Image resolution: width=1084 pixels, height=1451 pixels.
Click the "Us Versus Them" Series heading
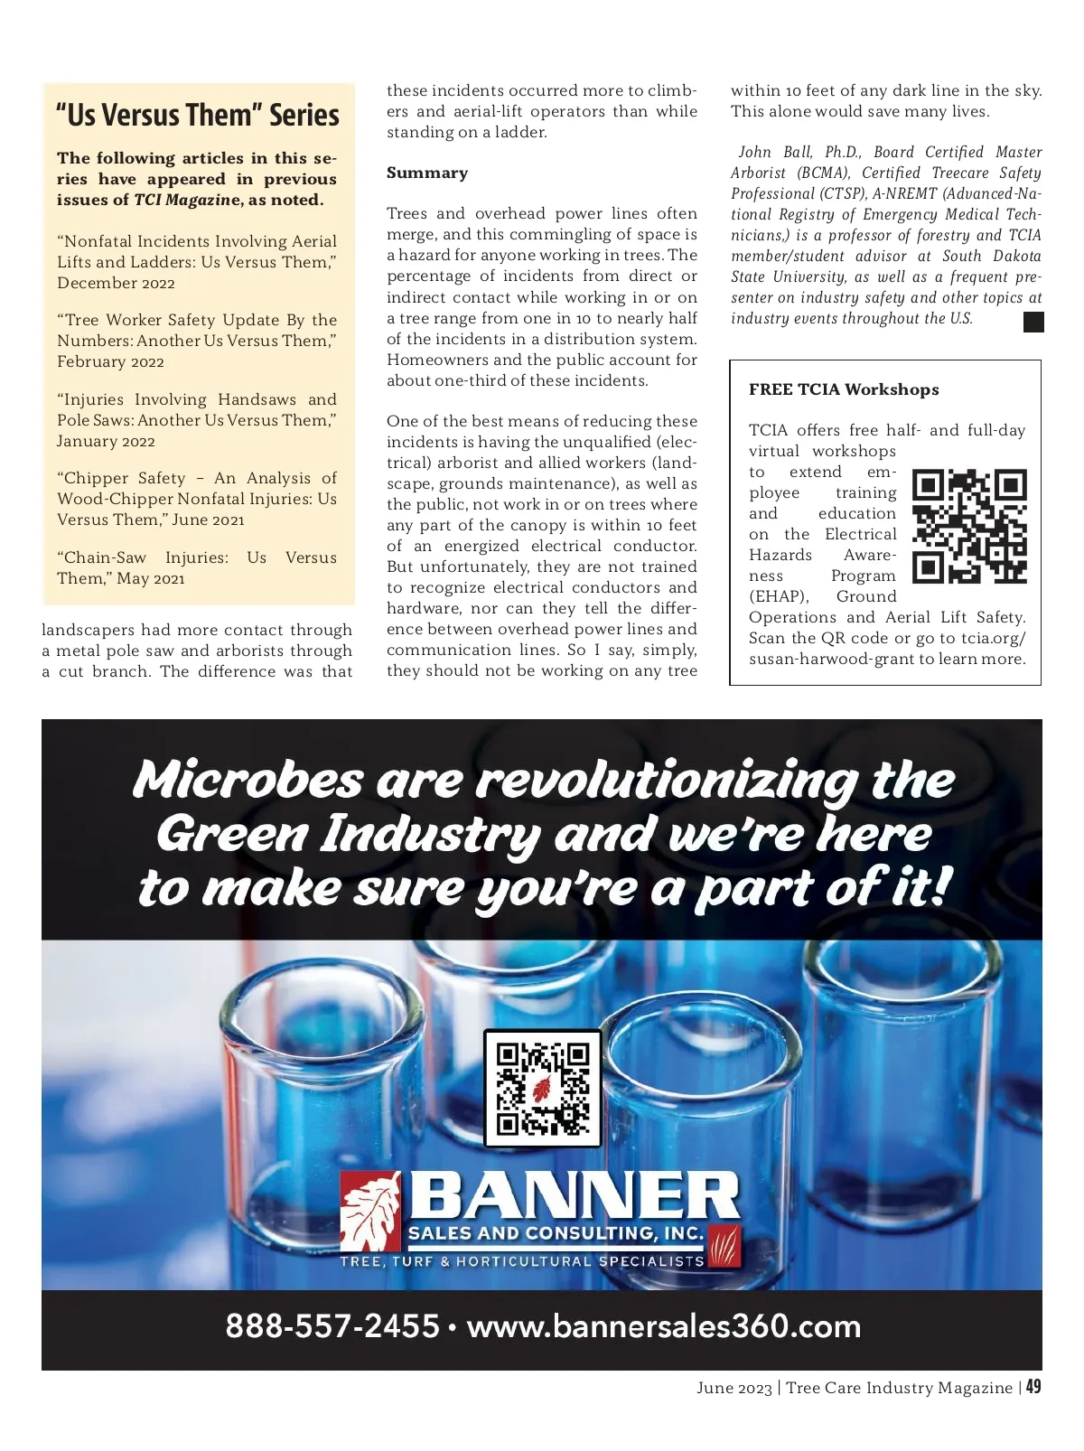(197, 116)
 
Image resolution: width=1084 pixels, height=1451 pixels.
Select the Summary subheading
(427, 173)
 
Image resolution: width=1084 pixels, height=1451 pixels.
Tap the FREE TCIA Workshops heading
(844, 389)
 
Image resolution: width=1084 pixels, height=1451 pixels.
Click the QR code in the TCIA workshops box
(969, 526)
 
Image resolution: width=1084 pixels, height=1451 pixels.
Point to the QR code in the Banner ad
(542, 1088)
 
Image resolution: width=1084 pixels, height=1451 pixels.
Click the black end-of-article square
(1033, 322)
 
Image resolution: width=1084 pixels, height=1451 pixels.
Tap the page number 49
(1033, 1387)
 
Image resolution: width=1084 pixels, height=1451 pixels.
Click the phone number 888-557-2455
(332, 1326)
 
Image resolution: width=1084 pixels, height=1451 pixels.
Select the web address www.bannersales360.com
(664, 1326)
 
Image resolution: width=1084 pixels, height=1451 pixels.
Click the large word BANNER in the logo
(575, 1196)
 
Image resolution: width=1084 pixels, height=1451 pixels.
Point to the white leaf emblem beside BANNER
(370, 1211)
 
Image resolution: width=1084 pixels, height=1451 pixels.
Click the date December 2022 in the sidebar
(116, 283)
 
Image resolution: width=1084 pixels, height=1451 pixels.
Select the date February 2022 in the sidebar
(110, 361)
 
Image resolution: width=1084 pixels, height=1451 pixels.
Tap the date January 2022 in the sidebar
(106, 441)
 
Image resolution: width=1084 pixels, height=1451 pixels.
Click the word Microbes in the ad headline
(247, 780)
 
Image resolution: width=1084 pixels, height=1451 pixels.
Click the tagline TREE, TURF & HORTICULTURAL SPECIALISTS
(522, 1261)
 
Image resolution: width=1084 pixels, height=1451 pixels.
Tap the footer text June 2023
(734, 1388)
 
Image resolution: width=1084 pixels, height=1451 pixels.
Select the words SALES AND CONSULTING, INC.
(556, 1233)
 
